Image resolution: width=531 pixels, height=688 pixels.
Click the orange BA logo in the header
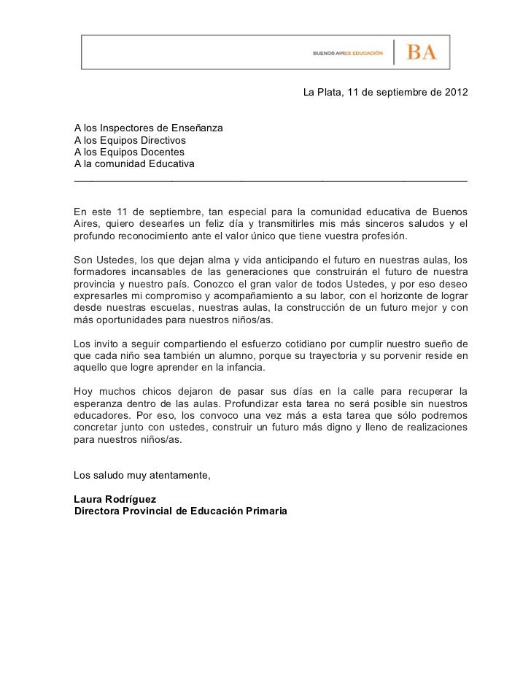(x=422, y=53)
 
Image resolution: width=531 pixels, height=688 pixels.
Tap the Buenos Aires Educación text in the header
(x=348, y=53)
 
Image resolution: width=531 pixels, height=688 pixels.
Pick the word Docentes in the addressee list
(x=160, y=152)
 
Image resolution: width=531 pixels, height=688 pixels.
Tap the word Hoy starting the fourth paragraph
(x=84, y=391)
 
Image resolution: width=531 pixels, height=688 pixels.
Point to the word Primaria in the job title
(x=265, y=511)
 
